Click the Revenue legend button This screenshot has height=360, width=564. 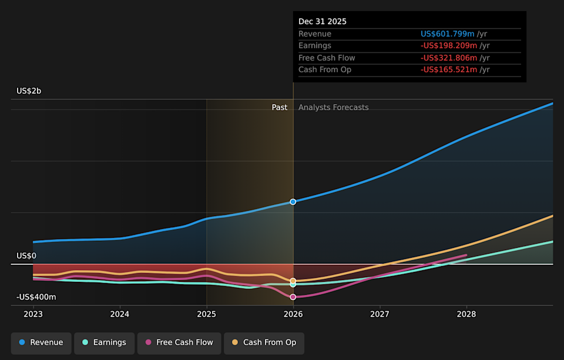point(41,343)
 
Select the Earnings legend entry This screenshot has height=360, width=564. point(104,343)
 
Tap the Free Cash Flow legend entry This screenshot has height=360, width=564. point(179,343)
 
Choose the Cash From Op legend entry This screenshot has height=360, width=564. point(264,343)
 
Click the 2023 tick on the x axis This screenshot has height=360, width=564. point(33,314)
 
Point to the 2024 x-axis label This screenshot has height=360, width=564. point(120,314)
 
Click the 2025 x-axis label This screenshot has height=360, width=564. point(207,314)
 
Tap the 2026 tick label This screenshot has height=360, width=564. point(293,314)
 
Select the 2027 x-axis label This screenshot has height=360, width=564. point(380,314)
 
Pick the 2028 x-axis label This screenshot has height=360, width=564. point(466,314)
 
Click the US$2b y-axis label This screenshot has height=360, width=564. point(29,91)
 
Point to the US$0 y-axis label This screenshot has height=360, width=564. point(26,256)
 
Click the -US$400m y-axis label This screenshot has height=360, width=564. point(36,297)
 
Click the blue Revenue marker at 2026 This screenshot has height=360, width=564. point(293,201)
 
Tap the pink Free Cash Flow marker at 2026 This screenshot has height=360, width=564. point(293,297)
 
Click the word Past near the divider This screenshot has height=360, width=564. point(279,107)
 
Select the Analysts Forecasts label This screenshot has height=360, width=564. point(333,107)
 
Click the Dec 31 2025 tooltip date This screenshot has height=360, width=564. point(323,22)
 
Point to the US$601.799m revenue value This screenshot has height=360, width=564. point(448,34)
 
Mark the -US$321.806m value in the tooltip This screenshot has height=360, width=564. point(448,58)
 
